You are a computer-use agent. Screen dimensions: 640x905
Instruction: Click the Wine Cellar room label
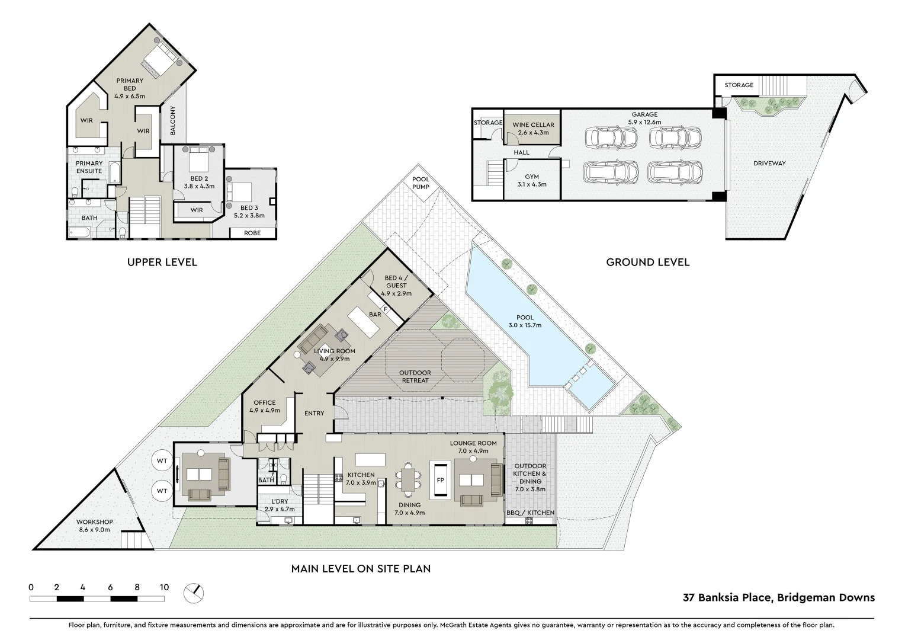point(533,129)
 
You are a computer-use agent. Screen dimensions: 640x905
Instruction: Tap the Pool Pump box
point(421,183)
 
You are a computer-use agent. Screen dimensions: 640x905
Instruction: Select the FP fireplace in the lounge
point(440,480)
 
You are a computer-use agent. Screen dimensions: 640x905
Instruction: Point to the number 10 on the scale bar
point(164,587)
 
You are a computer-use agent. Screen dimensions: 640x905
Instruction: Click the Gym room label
point(532,180)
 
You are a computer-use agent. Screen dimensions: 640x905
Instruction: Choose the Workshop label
point(94,526)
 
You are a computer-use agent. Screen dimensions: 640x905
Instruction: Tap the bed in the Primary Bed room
point(161,60)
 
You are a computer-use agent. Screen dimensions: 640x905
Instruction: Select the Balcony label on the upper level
point(173,121)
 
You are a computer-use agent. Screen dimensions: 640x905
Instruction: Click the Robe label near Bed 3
point(252,233)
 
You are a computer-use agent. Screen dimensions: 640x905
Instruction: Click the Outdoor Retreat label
point(415,376)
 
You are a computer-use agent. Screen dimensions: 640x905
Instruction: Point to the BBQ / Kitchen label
point(530,513)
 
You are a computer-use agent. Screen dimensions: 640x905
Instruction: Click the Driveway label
point(769,163)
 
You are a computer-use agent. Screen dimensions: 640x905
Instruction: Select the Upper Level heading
point(162,262)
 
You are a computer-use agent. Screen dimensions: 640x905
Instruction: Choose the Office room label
point(264,407)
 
